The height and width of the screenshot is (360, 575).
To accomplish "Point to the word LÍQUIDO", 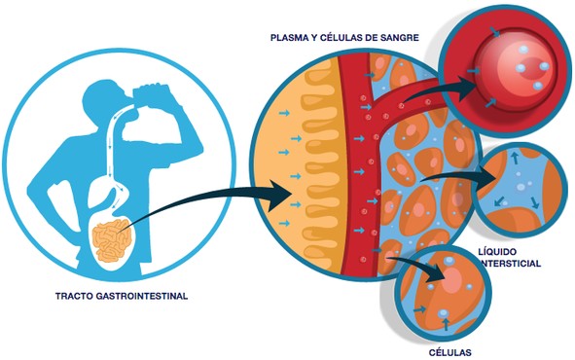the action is tap(497, 251).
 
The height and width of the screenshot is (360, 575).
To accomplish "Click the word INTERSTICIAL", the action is tap(510, 264).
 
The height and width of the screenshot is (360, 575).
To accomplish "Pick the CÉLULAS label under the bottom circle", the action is tap(449, 352).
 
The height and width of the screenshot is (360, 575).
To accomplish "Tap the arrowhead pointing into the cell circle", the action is tap(437, 275).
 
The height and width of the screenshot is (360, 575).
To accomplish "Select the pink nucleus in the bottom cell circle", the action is tap(453, 278).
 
